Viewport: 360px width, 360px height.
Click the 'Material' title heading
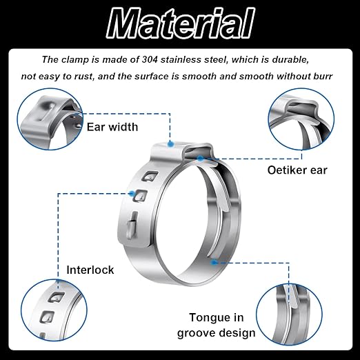[x=181, y=23]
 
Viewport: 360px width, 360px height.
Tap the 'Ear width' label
[x=112, y=127]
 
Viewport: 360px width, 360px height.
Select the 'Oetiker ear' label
[x=297, y=170]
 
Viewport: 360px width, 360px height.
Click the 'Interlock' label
[x=90, y=270]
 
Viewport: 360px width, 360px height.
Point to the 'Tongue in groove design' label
[x=217, y=326]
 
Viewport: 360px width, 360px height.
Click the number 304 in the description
[x=150, y=59]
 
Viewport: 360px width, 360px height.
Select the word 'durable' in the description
[x=290, y=59]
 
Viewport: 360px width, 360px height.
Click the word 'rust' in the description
[x=84, y=77]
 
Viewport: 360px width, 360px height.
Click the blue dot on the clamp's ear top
[x=170, y=144]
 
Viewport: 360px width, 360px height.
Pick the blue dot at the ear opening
[x=201, y=158]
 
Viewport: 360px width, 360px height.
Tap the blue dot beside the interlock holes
[x=132, y=193]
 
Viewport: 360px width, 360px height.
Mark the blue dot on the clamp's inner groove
[x=214, y=262]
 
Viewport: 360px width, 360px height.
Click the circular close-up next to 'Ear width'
[x=50, y=119]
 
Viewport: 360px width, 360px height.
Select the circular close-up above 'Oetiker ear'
[x=301, y=119]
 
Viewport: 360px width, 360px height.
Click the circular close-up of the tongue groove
[x=289, y=314]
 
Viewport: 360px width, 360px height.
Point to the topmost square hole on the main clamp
[x=150, y=177]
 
